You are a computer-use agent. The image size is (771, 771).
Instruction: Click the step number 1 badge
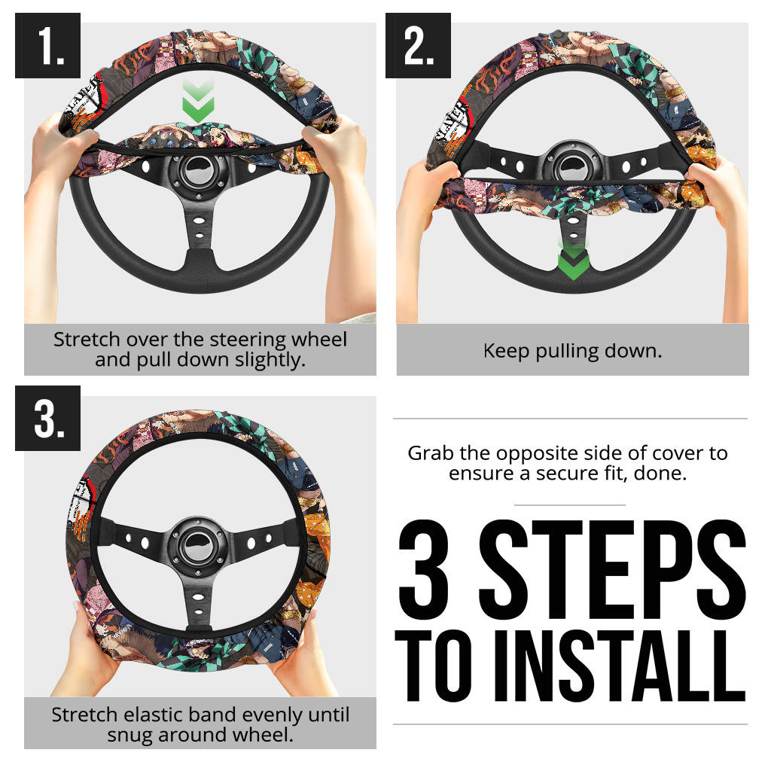click(47, 45)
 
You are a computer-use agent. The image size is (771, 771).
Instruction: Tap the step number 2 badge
click(418, 45)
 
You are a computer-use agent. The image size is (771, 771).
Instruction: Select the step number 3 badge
click(47, 418)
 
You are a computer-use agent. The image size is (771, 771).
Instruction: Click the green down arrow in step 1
click(198, 102)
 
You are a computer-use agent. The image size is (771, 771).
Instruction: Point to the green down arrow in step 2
click(573, 260)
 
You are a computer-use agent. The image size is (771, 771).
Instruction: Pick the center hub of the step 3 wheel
click(197, 546)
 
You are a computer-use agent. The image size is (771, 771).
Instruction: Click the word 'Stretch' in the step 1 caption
click(87, 340)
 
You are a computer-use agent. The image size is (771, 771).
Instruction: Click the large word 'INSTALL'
click(620, 666)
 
